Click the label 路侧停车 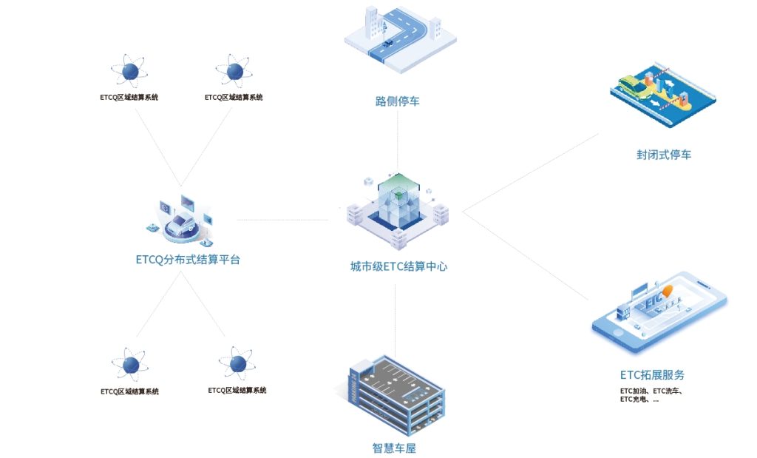397,101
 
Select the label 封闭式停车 663,155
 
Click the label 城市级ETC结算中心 398,266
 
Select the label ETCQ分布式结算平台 188,260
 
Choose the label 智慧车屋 398,448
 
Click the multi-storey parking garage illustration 396,396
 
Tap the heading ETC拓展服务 657,375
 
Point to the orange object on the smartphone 668,292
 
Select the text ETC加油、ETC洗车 650,390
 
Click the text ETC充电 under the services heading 634,400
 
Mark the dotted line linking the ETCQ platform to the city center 281,220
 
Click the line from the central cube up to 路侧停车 398,141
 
